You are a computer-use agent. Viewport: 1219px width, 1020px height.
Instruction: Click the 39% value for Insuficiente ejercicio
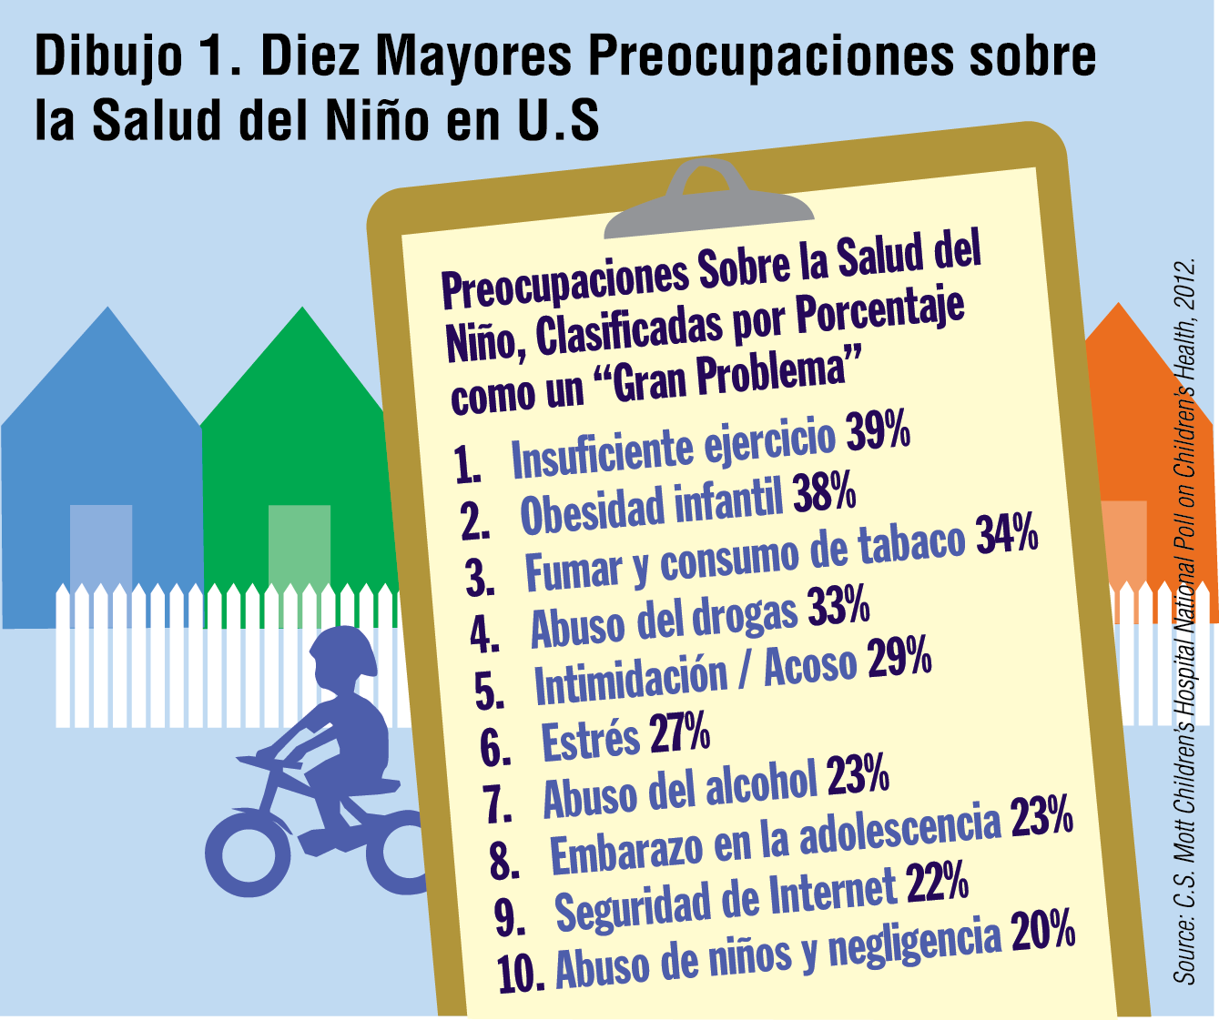[x=878, y=433]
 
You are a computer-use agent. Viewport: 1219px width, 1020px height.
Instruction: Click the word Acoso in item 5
[x=810, y=667]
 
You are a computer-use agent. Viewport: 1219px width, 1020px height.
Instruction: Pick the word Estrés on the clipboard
[x=590, y=740]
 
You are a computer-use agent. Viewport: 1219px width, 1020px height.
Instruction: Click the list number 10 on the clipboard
[x=521, y=975]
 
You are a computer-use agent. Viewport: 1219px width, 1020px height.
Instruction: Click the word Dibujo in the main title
[x=108, y=56]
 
